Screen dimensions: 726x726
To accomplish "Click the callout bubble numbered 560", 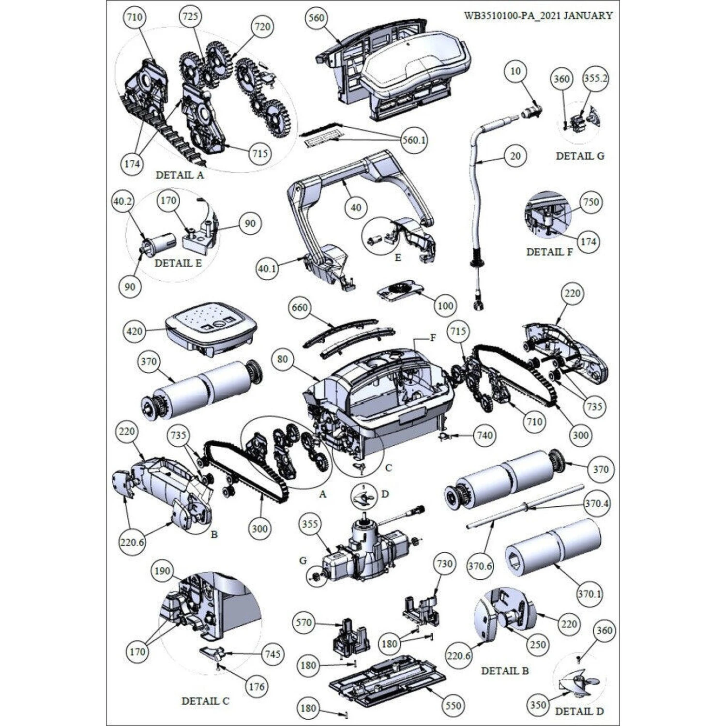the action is pyautogui.click(x=316, y=18).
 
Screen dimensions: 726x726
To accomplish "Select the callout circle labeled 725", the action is pyautogui.click(x=190, y=17).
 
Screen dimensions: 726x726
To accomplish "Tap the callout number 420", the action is pyautogui.click(x=135, y=332).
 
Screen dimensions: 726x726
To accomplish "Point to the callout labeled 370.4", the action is pyautogui.click(x=596, y=504).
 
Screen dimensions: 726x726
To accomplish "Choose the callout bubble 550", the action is pyautogui.click(x=453, y=706).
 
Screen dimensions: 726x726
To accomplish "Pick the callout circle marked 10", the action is pyautogui.click(x=516, y=72).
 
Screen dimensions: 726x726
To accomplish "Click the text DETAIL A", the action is pyautogui.click(x=180, y=175).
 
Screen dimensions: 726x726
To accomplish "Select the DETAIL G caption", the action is pyautogui.click(x=580, y=156).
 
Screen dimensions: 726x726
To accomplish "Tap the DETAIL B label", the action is pyautogui.click(x=505, y=671).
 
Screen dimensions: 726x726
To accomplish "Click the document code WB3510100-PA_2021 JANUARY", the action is pyautogui.click(x=538, y=15).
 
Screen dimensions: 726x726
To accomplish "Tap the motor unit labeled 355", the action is pyautogui.click(x=365, y=547).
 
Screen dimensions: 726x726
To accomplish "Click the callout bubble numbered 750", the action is pyautogui.click(x=591, y=202).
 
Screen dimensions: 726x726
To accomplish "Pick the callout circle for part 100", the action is pyautogui.click(x=445, y=306).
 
